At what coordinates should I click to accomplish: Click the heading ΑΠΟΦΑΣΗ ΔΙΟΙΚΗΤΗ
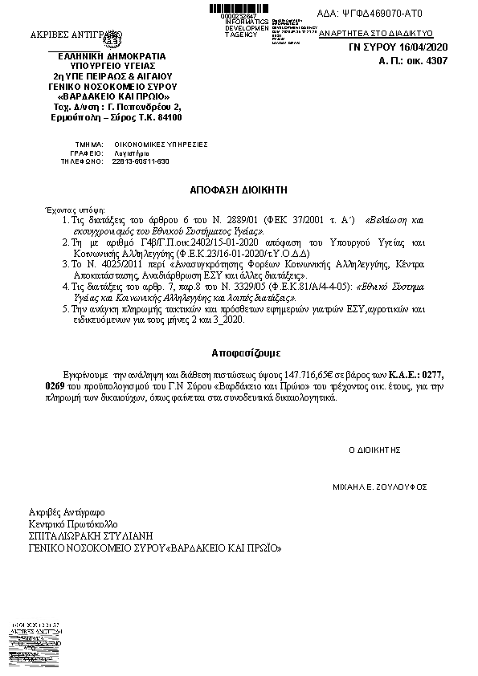[x=238, y=190]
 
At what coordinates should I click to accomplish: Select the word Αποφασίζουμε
[x=240, y=352]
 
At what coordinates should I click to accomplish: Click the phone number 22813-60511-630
[x=141, y=161]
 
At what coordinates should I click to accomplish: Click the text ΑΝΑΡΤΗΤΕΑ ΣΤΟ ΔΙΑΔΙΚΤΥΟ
[x=376, y=35]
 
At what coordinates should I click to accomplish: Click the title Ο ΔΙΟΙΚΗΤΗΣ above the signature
[x=374, y=449]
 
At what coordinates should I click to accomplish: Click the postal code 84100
[x=168, y=118]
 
